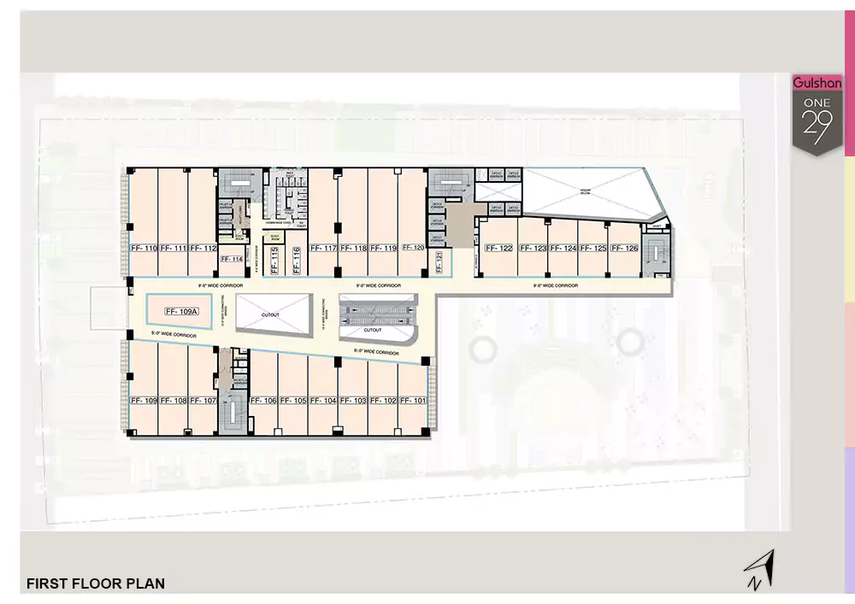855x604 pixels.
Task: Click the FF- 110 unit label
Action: [x=144, y=249]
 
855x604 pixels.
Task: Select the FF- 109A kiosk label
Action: [x=181, y=312]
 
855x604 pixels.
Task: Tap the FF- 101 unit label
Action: [x=413, y=401]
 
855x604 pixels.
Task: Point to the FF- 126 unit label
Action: [x=625, y=249]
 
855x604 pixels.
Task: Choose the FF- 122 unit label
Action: [x=498, y=249]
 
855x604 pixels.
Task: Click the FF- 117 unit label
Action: [x=324, y=249]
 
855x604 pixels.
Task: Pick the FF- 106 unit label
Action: [x=263, y=401]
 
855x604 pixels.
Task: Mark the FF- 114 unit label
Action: [x=232, y=259]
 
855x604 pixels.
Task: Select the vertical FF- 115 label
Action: [x=274, y=259]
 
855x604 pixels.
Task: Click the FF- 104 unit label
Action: [x=323, y=401]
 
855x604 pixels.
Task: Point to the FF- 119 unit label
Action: [x=383, y=249]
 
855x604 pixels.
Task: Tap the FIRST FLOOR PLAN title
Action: [x=96, y=584]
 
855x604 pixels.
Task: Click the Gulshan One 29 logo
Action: [x=817, y=114]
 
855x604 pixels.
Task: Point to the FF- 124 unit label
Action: [x=563, y=249]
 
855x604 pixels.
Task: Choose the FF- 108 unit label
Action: [x=174, y=401]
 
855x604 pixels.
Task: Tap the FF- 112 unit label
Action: [x=203, y=249]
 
